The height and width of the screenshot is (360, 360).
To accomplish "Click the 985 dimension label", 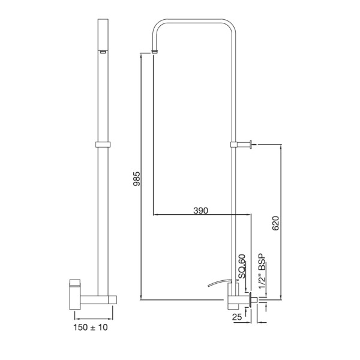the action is tap(137, 179).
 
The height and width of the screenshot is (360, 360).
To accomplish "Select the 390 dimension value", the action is tap(200, 211).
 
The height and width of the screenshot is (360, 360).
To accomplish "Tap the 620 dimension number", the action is tap(275, 223).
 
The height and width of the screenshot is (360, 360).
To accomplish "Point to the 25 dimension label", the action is tap(237, 317).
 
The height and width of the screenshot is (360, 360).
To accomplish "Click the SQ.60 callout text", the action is tap(242, 266).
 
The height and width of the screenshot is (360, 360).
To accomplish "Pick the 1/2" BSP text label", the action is tap(262, 271).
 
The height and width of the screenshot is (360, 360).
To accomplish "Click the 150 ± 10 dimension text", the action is tap(91, 327).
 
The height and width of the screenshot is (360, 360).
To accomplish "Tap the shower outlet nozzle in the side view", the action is tap(103, 52).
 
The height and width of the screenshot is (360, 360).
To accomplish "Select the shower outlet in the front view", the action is tap(155, 52).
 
